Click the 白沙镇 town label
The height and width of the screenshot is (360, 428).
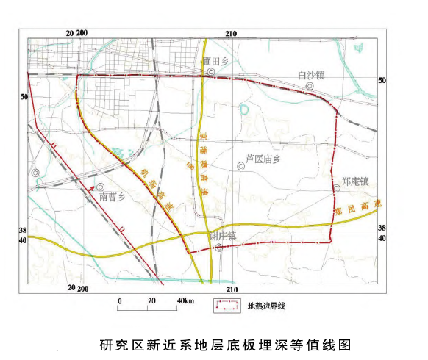(x=311, y=74)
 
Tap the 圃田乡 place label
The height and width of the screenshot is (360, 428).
(x=218, y=62)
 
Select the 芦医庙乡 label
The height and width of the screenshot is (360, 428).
(x=263, y=159)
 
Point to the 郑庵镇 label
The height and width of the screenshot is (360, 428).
(x=354, y=180)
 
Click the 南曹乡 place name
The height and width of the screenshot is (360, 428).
(x=113, y=197)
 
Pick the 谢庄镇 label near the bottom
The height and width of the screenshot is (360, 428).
(x=222, y=236)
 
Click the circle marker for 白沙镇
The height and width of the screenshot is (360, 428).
(x=311, y=86)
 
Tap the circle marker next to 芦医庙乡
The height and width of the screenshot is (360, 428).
(x=241, y=166)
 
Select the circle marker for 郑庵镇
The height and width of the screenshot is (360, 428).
(x=336, y=188)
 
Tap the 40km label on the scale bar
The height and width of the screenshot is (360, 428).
(x=185, y=302)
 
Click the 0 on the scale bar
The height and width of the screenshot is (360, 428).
(x=119, y=302)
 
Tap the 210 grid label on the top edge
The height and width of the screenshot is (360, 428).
(x=231, y=34)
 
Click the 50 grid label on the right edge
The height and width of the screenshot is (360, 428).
(x=381, y=79)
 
